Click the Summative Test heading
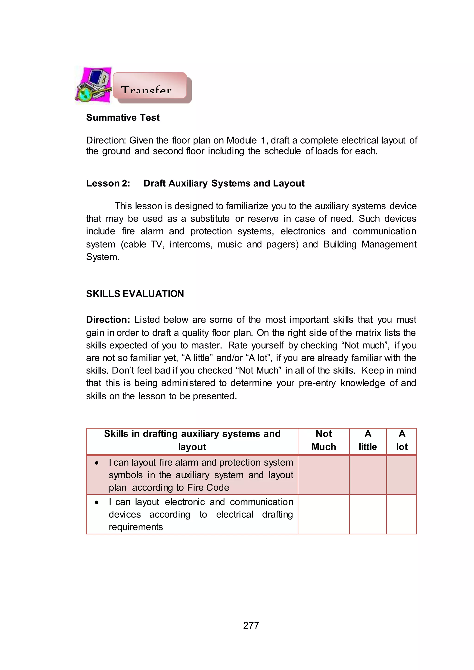coord(123,118)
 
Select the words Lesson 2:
coord(108,183)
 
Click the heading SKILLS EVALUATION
coord(135,294)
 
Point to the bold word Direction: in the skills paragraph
coord(108,320)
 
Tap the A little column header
coord(368,440)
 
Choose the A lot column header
coord(402,440)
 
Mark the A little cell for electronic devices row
coord(368,514)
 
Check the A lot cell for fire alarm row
coord(402,475)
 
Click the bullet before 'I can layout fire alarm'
coord(97,463)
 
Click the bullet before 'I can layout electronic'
coord(97,502)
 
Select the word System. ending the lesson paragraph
coord(103,257)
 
